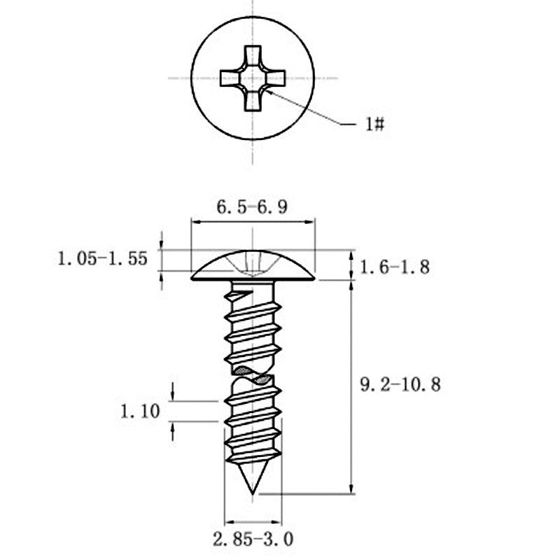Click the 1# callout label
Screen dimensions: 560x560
[374, 125]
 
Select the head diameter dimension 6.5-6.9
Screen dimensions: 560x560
[252, 207]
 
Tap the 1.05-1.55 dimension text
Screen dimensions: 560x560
[102, 258]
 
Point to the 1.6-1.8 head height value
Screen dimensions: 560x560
[395, 267]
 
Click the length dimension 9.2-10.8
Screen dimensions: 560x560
[400, 384]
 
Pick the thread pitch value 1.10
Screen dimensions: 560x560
[140, 411]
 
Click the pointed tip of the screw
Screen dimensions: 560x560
[253, 494]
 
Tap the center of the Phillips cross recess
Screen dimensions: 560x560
[253, 78]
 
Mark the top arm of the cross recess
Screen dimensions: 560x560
[253, 56]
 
